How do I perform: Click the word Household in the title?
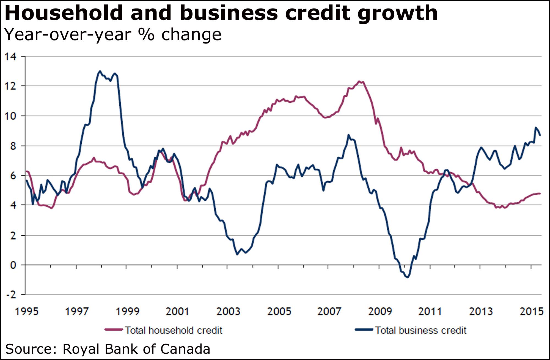64,13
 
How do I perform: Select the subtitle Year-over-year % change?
113,35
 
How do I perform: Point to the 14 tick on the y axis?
10,57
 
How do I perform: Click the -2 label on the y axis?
11,294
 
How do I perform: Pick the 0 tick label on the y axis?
13,265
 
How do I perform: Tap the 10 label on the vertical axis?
10,116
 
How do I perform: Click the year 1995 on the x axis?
27,311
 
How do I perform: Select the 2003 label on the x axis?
228,311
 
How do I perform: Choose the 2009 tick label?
380,311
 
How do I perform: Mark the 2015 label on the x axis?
531,311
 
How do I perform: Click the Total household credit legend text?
174,330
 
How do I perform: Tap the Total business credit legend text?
420,330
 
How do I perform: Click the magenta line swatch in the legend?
113,329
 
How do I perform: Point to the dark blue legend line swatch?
364,329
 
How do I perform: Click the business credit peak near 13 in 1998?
100,71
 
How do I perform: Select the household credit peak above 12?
359,81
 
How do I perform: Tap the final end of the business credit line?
540,135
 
